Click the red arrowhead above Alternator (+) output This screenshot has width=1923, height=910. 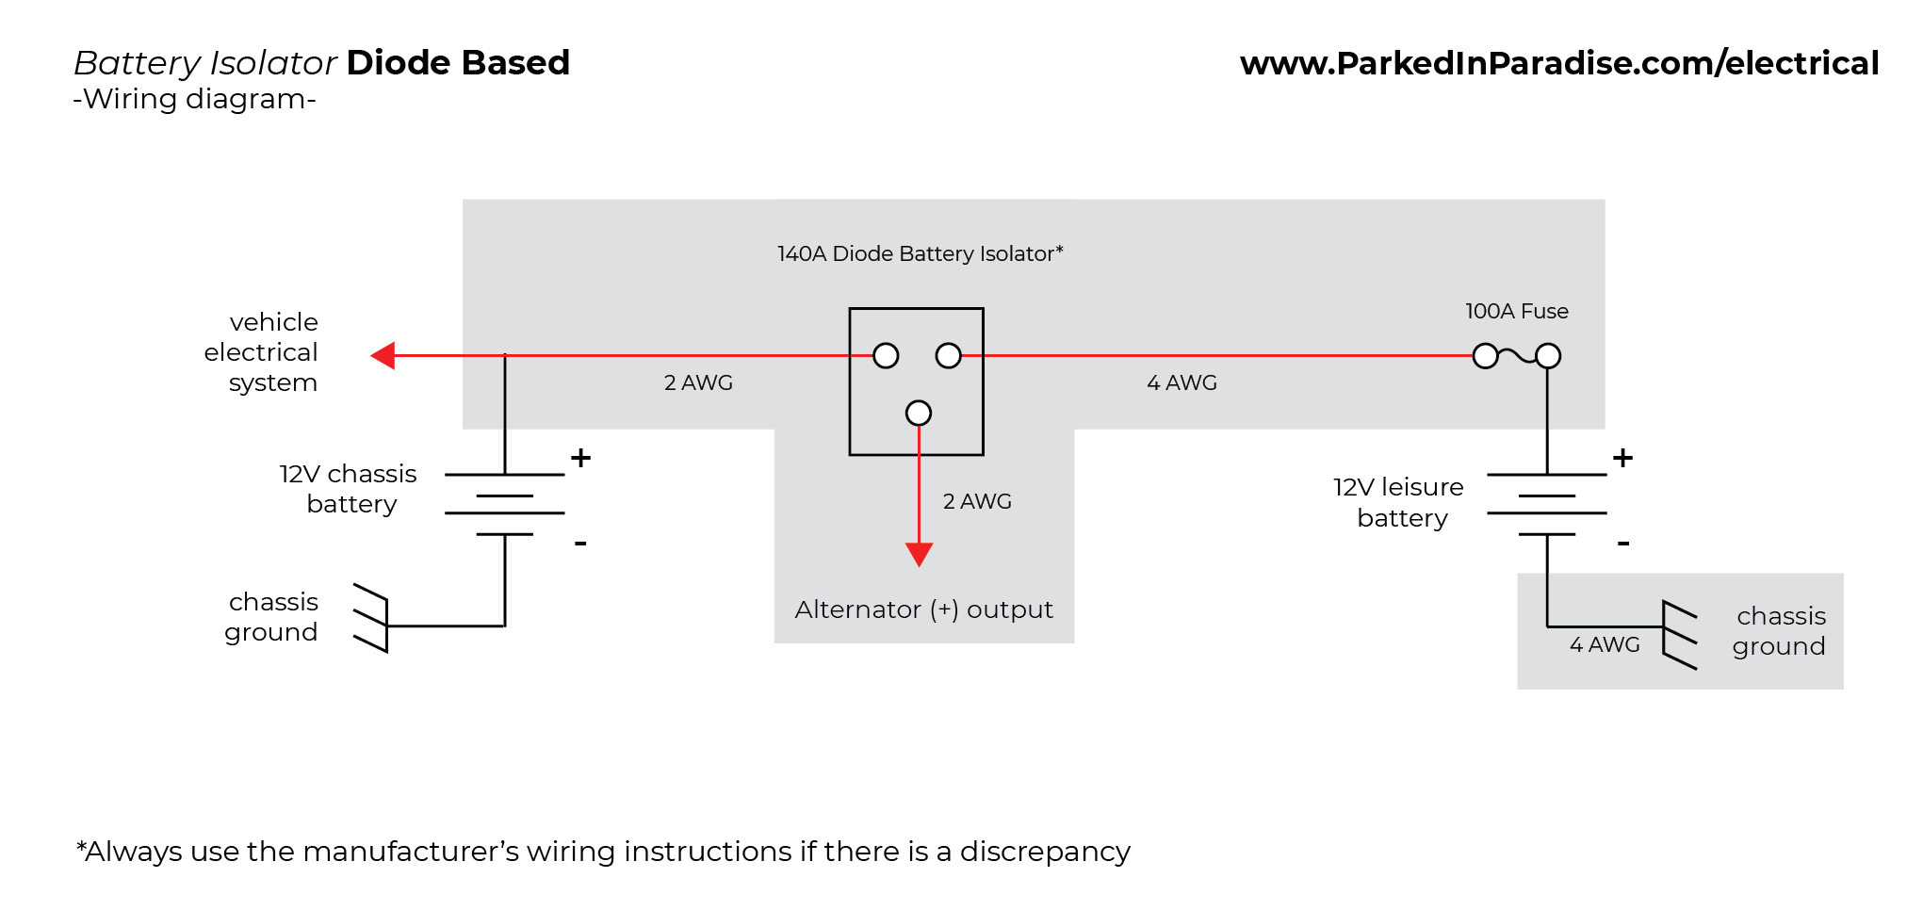tap(919, 553)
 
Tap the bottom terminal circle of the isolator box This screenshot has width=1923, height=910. tap(919, 413)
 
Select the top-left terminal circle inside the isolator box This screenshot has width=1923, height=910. tap(886, 355)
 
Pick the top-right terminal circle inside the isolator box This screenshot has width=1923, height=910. tap(948, 355)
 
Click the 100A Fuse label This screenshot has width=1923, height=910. tap(1516, 311)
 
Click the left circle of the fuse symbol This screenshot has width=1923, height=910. tap(1485, 356)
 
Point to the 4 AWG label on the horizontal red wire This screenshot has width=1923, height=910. tap(1182, 382)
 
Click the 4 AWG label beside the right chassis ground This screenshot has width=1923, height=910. tap(1604, 644)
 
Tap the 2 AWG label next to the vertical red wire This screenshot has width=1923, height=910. tap(977, 501)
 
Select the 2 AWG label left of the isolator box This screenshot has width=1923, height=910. tap(698, 382)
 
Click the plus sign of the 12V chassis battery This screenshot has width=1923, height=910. tap(580, 458)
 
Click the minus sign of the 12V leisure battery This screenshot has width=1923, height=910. tap(1622, 544)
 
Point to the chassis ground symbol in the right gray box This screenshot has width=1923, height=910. tap(1679, 635)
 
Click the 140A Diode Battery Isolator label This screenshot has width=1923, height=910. tap(920, 253)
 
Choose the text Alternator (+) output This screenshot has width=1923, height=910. tap(923, 609)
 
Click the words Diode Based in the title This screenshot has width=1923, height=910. tap(458, 62)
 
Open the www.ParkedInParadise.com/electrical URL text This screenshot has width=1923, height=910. tap(1559, 63)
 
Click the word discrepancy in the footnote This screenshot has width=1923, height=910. tap(1044, 851)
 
